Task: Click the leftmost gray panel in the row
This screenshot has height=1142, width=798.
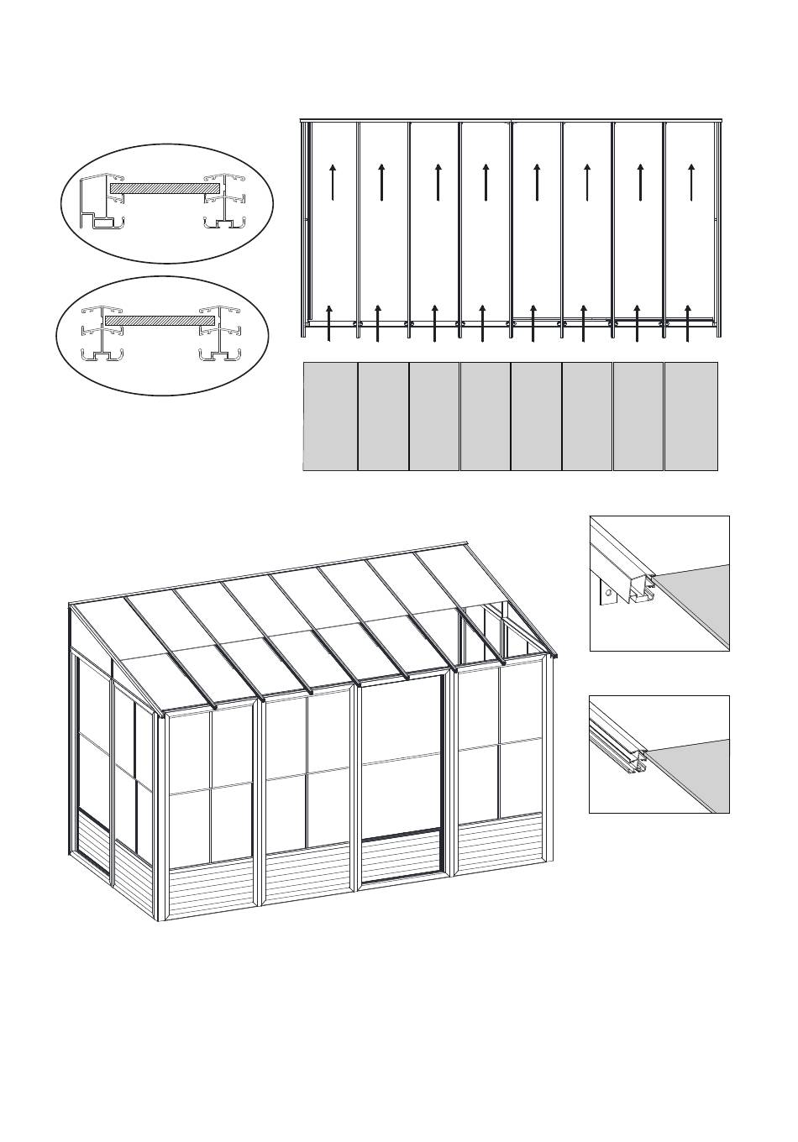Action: (x=330, y=416)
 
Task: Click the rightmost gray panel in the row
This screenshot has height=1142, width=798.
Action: (x=691, y=416)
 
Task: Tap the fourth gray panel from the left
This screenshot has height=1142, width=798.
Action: (x=485, y=416)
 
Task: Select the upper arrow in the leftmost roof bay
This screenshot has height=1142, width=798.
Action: (x=333, y=181)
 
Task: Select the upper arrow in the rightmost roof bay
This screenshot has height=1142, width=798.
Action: (x=690, y=181)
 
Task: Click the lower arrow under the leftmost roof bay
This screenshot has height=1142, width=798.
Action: (x=329, y=323)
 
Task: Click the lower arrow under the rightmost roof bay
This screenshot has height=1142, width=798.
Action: (x=688, y=323)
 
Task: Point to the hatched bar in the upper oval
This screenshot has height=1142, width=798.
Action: (x=165, y=190)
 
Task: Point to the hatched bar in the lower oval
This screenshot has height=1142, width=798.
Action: (x=160, y=320)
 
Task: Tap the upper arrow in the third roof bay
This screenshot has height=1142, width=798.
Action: (x=438, y=181)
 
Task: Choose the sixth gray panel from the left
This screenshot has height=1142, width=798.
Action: (x=587, y=416)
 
